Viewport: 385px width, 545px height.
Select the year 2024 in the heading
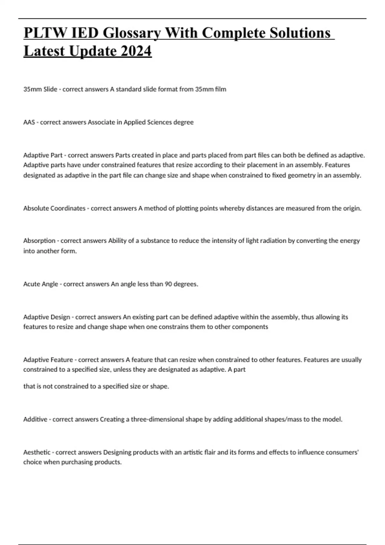[136, 51]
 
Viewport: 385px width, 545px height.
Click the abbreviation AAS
[29, 122]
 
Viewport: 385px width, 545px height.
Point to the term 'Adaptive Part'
[43, 155]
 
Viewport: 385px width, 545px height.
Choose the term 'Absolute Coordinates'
[54, 208]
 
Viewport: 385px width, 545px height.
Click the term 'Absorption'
[39, 241]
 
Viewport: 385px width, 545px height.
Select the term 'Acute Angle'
[41, 284]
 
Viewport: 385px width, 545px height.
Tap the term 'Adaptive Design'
[47, 317]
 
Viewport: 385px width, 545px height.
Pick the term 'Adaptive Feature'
[48, 360]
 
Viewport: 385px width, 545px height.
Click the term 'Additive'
[35, 419]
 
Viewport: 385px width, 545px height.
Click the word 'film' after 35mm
[221, 89]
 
